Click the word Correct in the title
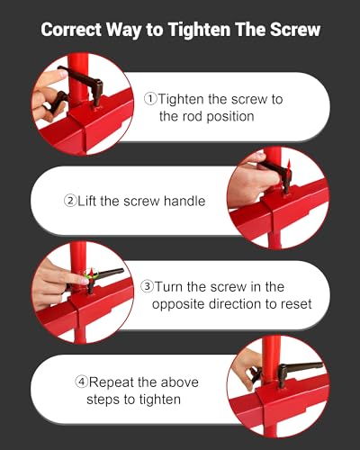71,30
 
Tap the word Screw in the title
295,30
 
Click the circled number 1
150,99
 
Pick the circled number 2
70,201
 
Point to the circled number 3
147,286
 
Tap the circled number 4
81,382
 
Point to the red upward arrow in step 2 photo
289,168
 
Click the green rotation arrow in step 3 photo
91,274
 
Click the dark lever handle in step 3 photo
105,276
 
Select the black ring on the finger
48,107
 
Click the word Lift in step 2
87,201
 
